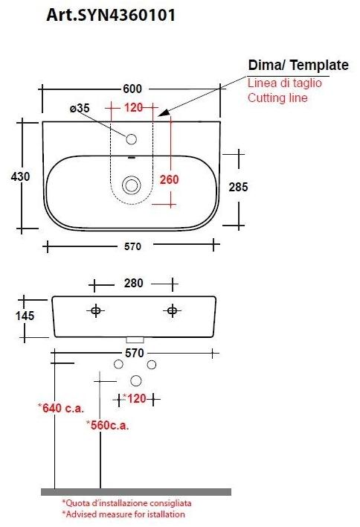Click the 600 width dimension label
[x=132, y=89]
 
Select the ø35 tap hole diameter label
[x=80, y=109]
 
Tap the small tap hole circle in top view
[x=132, y=139]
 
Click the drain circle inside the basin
[x=132, y=185]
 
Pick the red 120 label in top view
[x=133, y=109]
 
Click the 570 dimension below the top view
[x=133, y=246]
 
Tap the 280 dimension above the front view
[x=134, y=284]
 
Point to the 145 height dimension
[x=24, y=316]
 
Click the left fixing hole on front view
[x=95, y=310]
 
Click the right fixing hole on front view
[x=172, y=310]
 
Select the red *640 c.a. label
[x=61, y=407]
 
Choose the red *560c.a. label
[x=108, y=425]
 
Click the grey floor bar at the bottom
[x=135, y=492]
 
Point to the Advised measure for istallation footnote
[x=123, y=514]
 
